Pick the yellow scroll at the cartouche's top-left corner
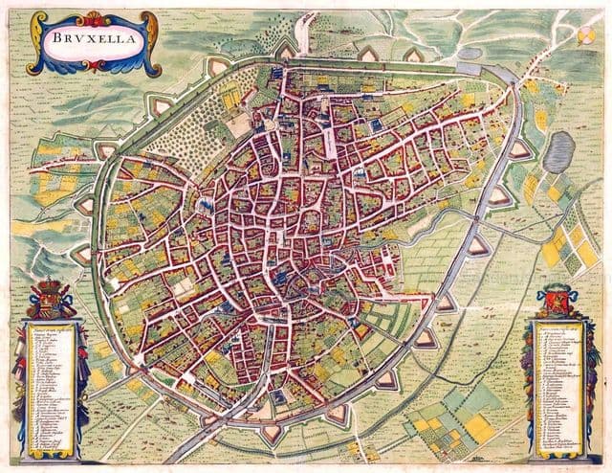pyautogui.click(x=38, y=21)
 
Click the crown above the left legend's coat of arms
pyautogui.click(x=49, y=284)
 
